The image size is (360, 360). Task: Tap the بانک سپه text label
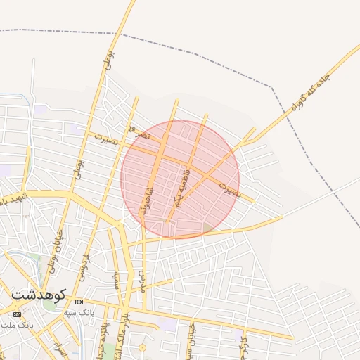click(x=79, y=311)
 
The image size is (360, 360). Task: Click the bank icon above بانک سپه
click(x=78, y=301)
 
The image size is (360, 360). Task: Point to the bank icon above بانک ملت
click(x=17, y=314)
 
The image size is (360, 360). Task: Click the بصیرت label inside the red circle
click(x=230, y=189)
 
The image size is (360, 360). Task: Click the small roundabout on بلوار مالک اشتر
click(x=142, y=347)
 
